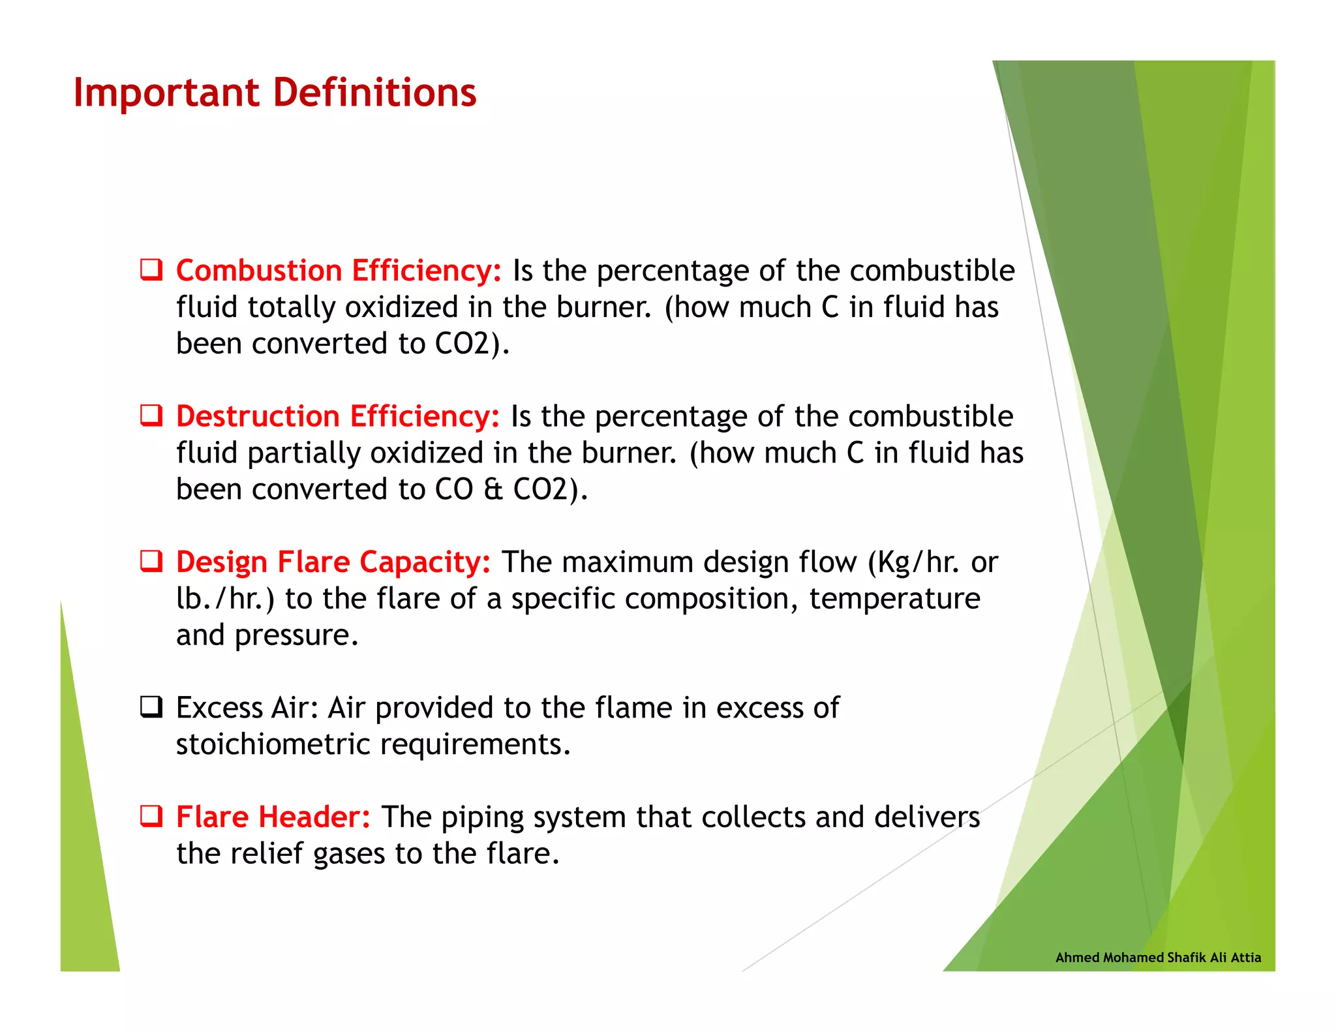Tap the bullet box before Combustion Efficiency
click(151, 269)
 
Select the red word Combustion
click(259, 271)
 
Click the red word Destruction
click(258, 416)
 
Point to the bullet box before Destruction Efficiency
click(151, 415)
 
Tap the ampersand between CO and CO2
click(493, 489)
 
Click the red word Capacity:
click(425, 562)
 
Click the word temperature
click(894, 598)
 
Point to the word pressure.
click(296, 635)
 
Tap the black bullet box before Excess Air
click(151, 706)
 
